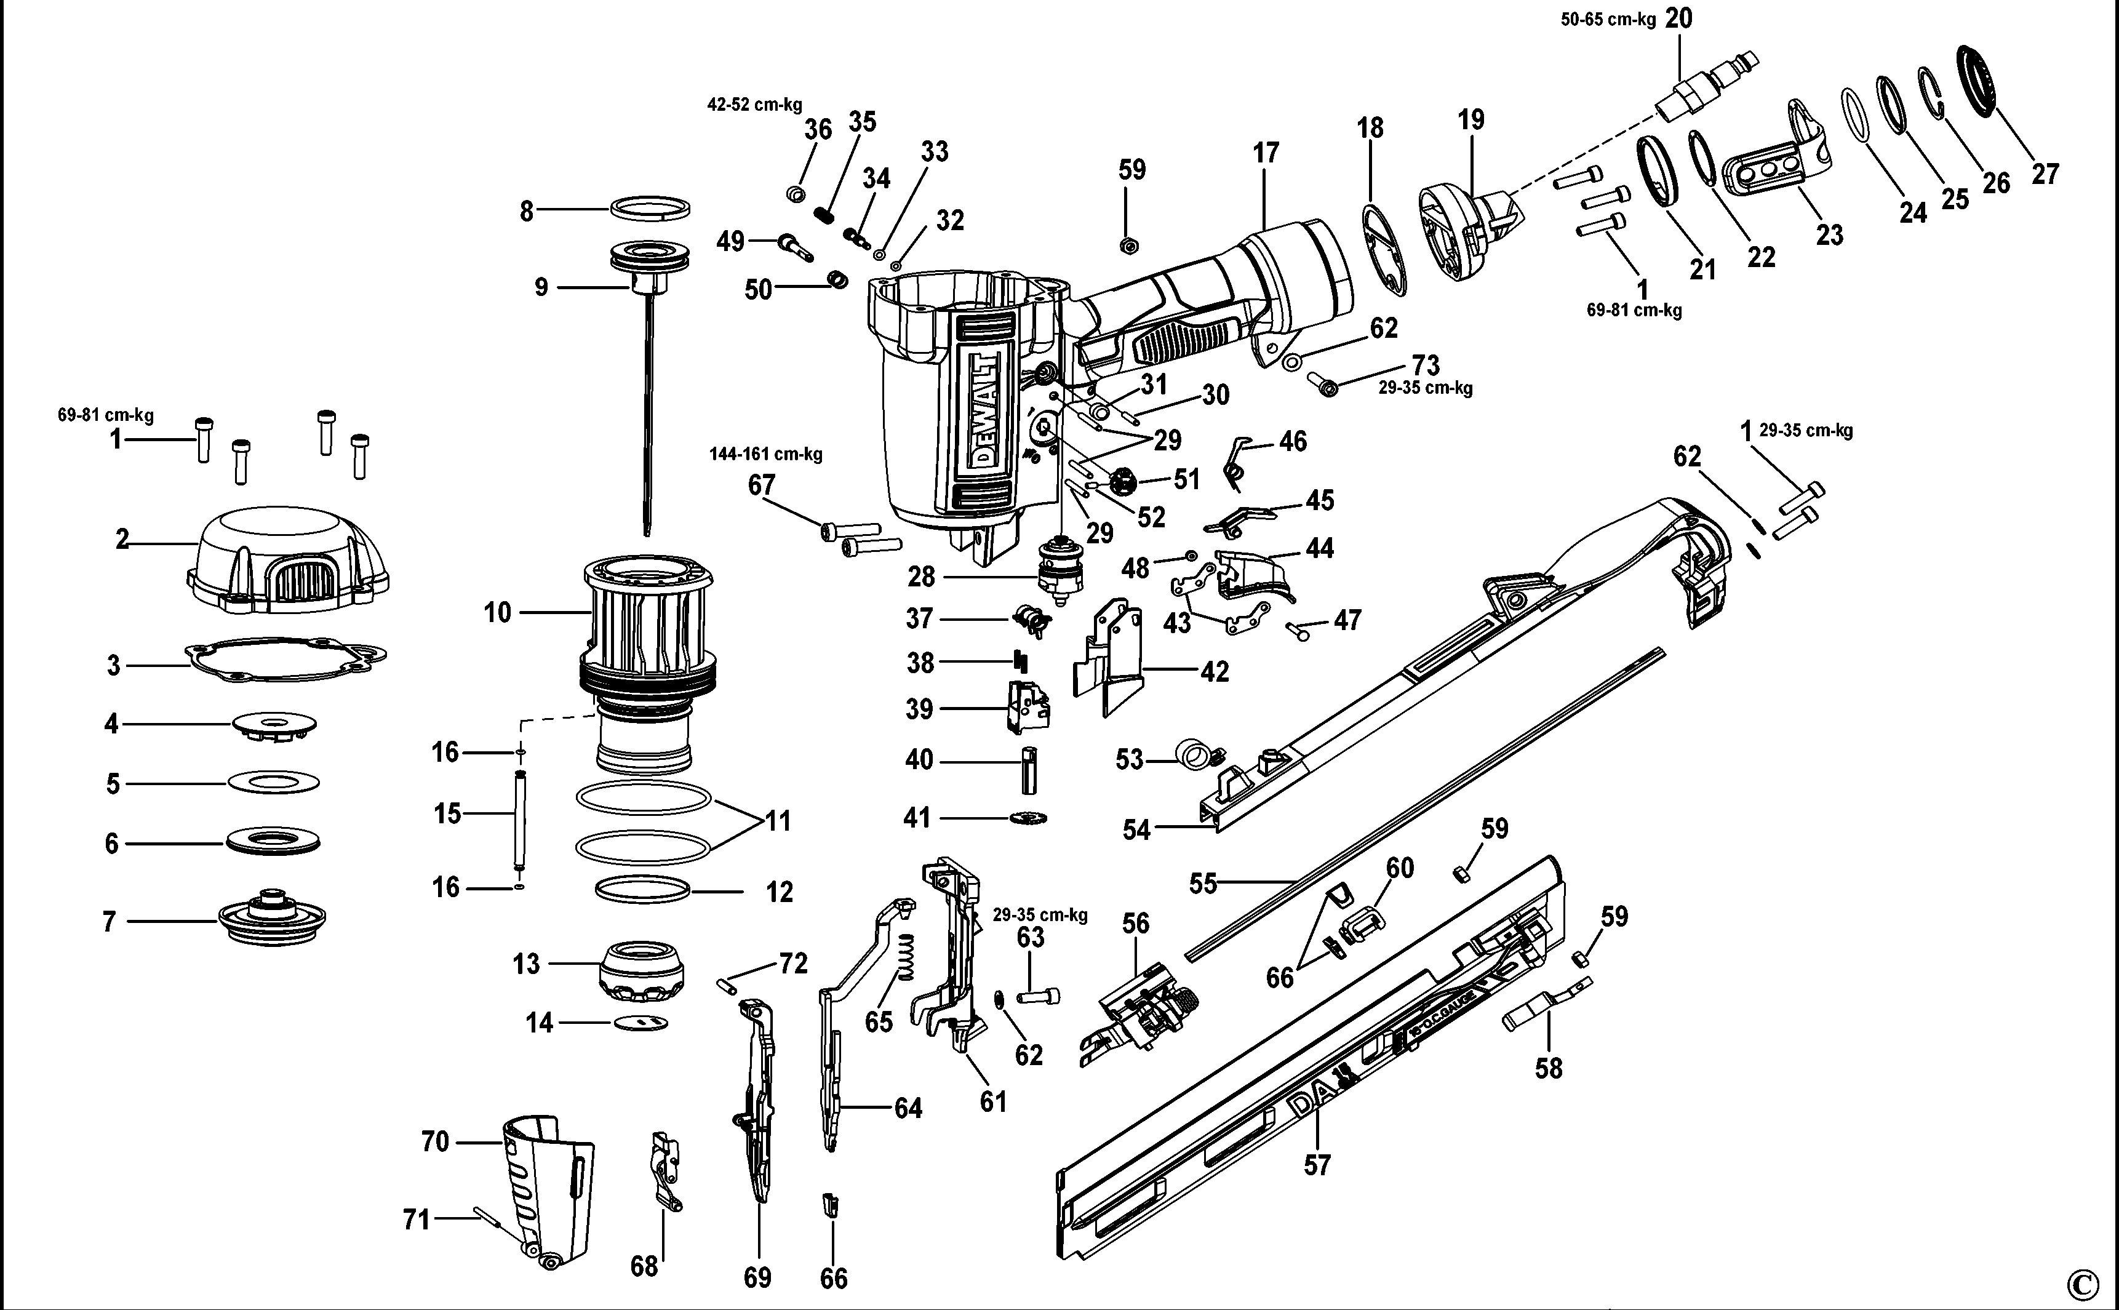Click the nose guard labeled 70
click(x=548, y=1191)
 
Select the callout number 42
click(x=1215, y=671)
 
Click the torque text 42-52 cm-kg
click(x=754, y=105)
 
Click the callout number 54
click(x=1136, y=830)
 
